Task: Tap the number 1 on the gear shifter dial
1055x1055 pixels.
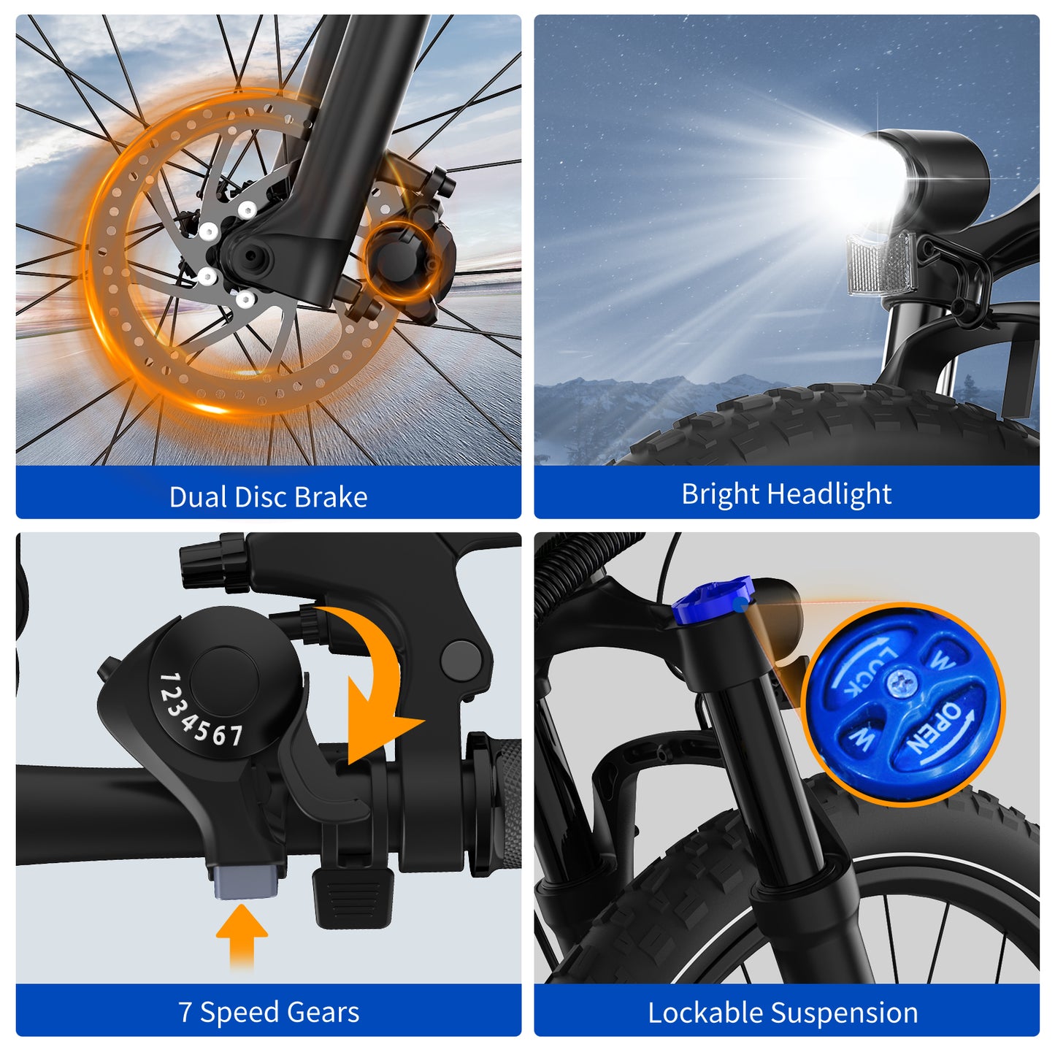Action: click(169, 682)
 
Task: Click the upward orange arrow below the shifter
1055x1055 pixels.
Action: click(242, 936)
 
